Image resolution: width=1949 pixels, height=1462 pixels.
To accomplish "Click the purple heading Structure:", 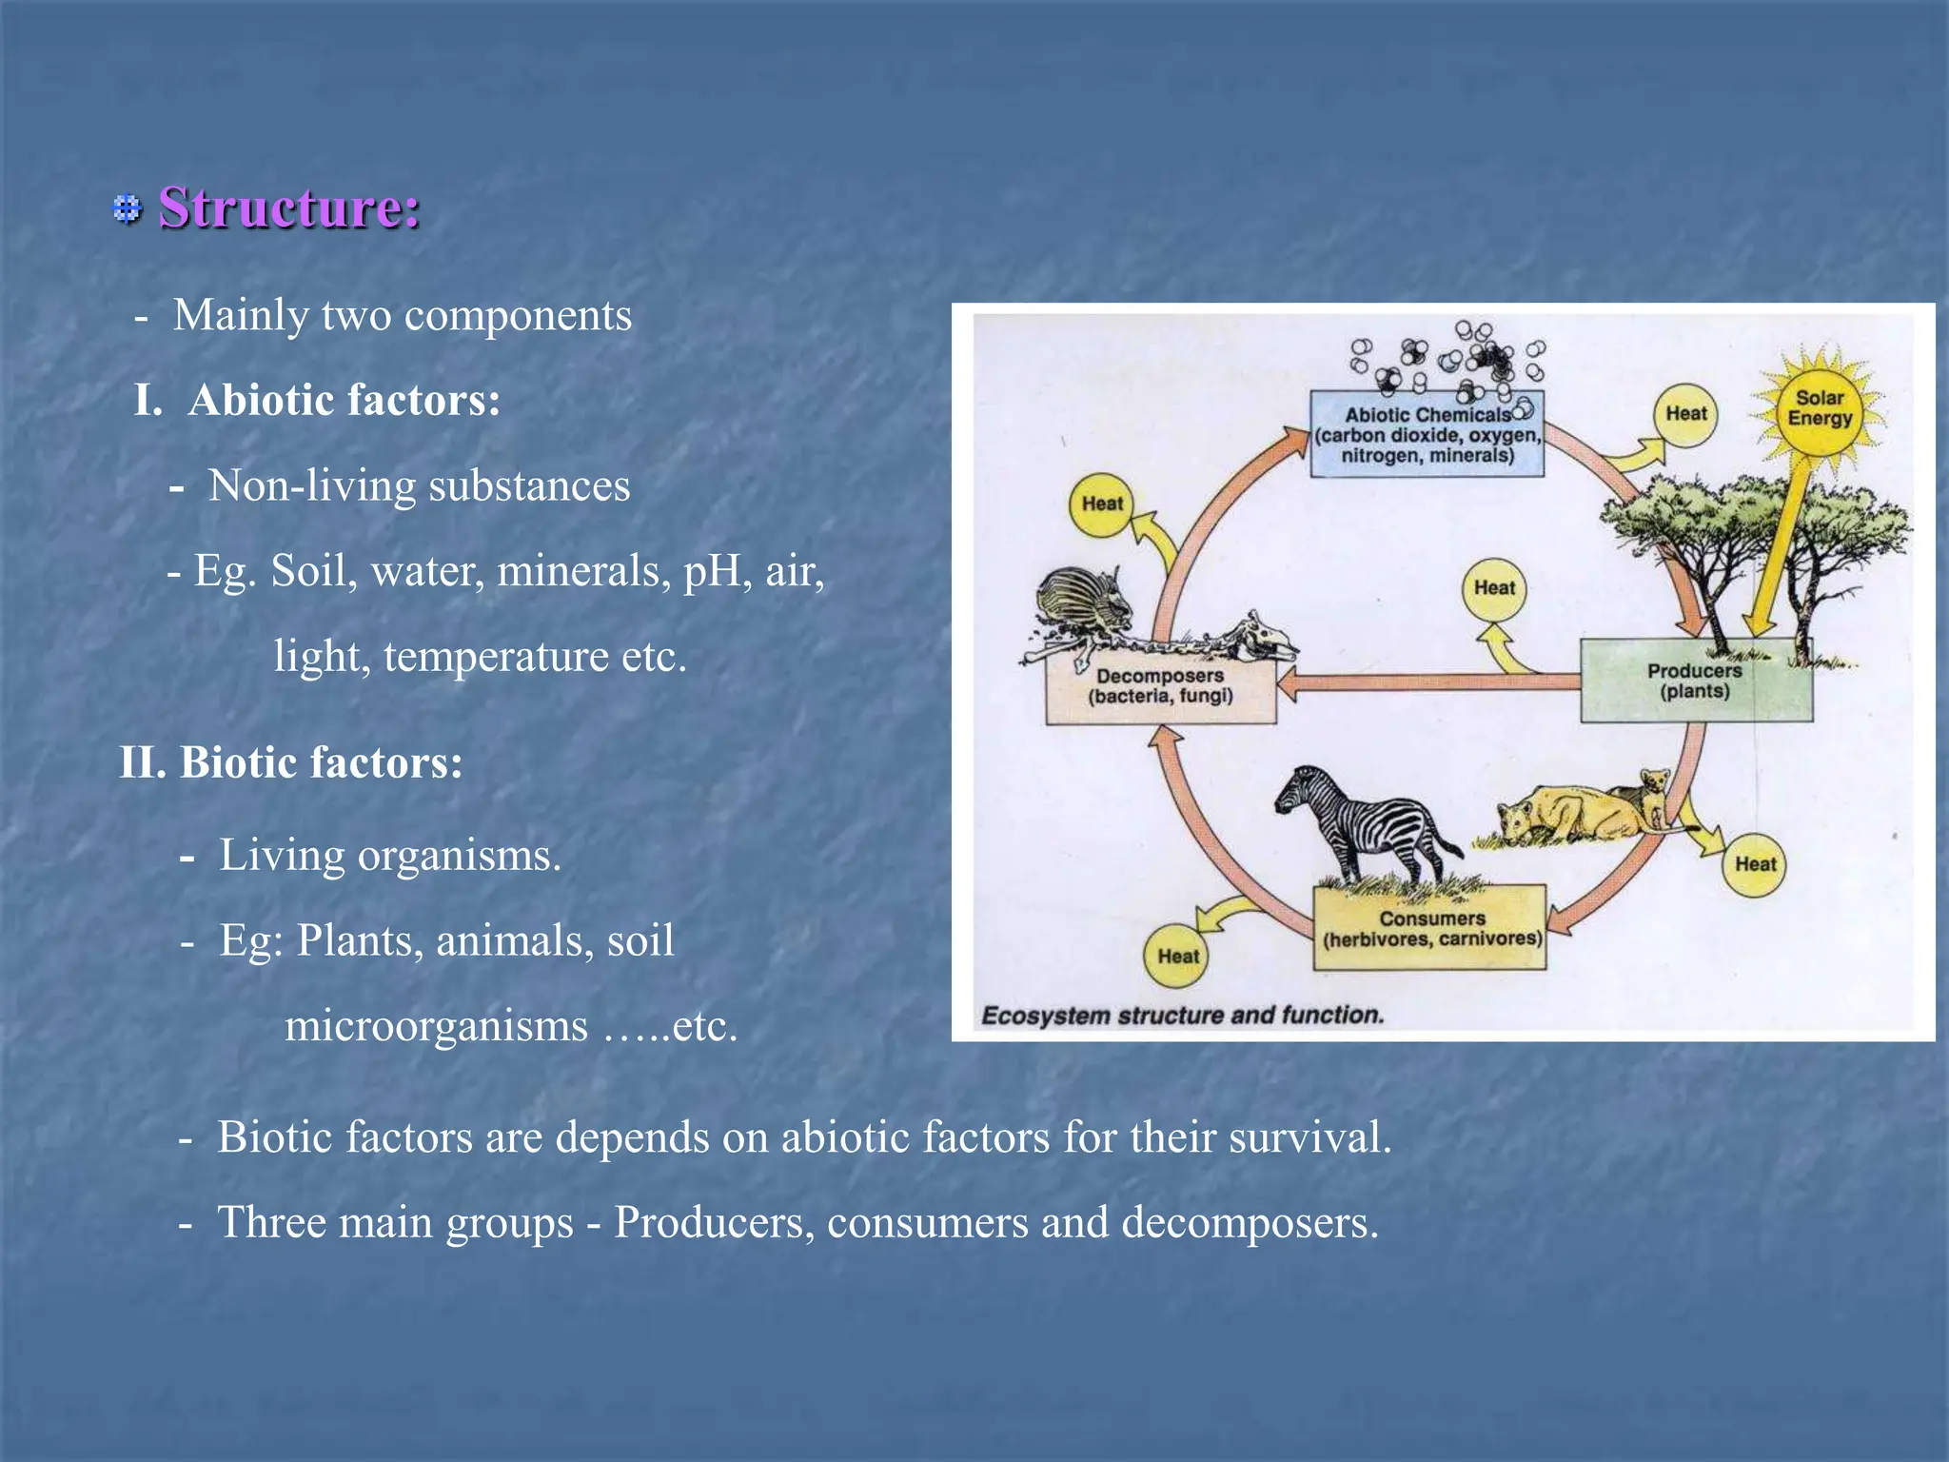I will pos(288,207).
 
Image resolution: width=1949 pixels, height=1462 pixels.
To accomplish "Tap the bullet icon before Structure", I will pos(127,208).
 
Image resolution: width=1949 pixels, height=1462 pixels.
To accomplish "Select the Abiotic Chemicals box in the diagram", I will pos(1427,435).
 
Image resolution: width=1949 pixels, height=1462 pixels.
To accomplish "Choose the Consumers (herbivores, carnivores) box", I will pos(1430,929).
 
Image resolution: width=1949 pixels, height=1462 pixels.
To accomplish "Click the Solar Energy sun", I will pos(1819,408).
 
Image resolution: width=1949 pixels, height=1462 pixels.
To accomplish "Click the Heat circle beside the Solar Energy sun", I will pos(1685,414).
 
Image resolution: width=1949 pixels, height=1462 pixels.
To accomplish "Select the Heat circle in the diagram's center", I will pos(1493,589).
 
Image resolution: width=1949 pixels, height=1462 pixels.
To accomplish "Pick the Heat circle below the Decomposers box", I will pos(1177,956).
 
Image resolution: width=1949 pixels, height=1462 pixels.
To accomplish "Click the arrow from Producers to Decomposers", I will pos(1427,682).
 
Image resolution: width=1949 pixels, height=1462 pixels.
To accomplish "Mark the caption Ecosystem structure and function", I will pos(1182,1016).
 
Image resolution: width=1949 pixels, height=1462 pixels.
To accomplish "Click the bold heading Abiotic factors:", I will pos(344,400).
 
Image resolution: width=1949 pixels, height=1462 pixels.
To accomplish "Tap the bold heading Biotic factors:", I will pos(321,762).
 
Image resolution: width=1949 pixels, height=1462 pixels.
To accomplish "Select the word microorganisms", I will pos(436,1026).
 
